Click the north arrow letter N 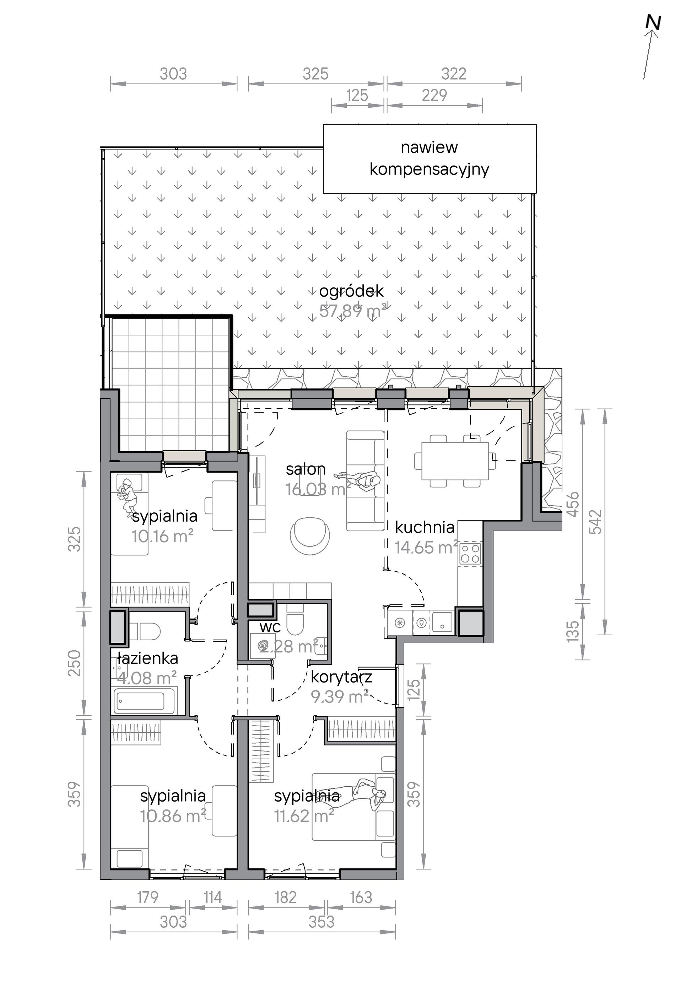pyautogui.click(x=653, y=22)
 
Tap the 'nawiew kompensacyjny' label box pyautogui.click(x=430, y=158)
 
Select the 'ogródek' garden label pyautogui.click(x=351, y=291)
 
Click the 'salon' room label pyautogui.click(x=306, y=469)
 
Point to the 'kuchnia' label pyautogui.click(x=425, y=528)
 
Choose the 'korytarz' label pyautogui.click(x=341, y=677)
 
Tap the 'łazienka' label pyautogui.click(x=148, y=658)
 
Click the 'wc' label pyautogui.click(x=270, y=627)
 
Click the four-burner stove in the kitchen pyautogui.click(x=470, y=554)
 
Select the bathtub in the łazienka pyautogui.click(x=146, y=701)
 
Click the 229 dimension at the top pyautogui.click(x=434, y=95)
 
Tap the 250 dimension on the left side pyautogui.click(x=75, y=663)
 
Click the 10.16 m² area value pyautogui.click(x=162, y=536)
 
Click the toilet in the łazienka pyautogui.click(x=145, y=632)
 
